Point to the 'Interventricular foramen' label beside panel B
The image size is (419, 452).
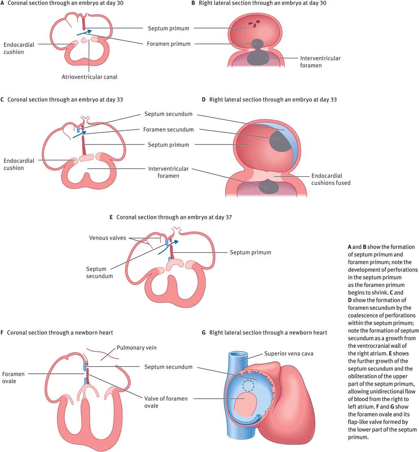pyautogui.click(x=320, y=62)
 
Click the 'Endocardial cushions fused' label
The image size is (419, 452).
pyautogui.click(x=331, y=180)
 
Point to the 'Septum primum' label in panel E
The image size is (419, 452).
pyautogui.click(x=250, y=252)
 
